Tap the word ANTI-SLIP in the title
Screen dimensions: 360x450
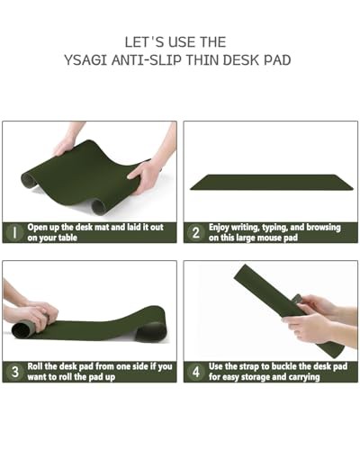click(147, 60)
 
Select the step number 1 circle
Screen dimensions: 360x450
click(14, 233)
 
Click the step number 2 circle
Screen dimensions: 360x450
click(195, 233)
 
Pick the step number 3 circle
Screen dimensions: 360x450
click(14, 372)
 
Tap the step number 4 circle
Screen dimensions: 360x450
click(195, 372)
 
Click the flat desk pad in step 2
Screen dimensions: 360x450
click(272, 182)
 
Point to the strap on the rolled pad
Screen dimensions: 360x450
click(297, 300)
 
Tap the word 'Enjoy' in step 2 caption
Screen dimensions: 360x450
click(219, 228)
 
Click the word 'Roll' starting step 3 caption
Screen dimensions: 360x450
click(35, 366)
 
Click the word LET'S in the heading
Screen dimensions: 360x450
click(144, 42)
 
